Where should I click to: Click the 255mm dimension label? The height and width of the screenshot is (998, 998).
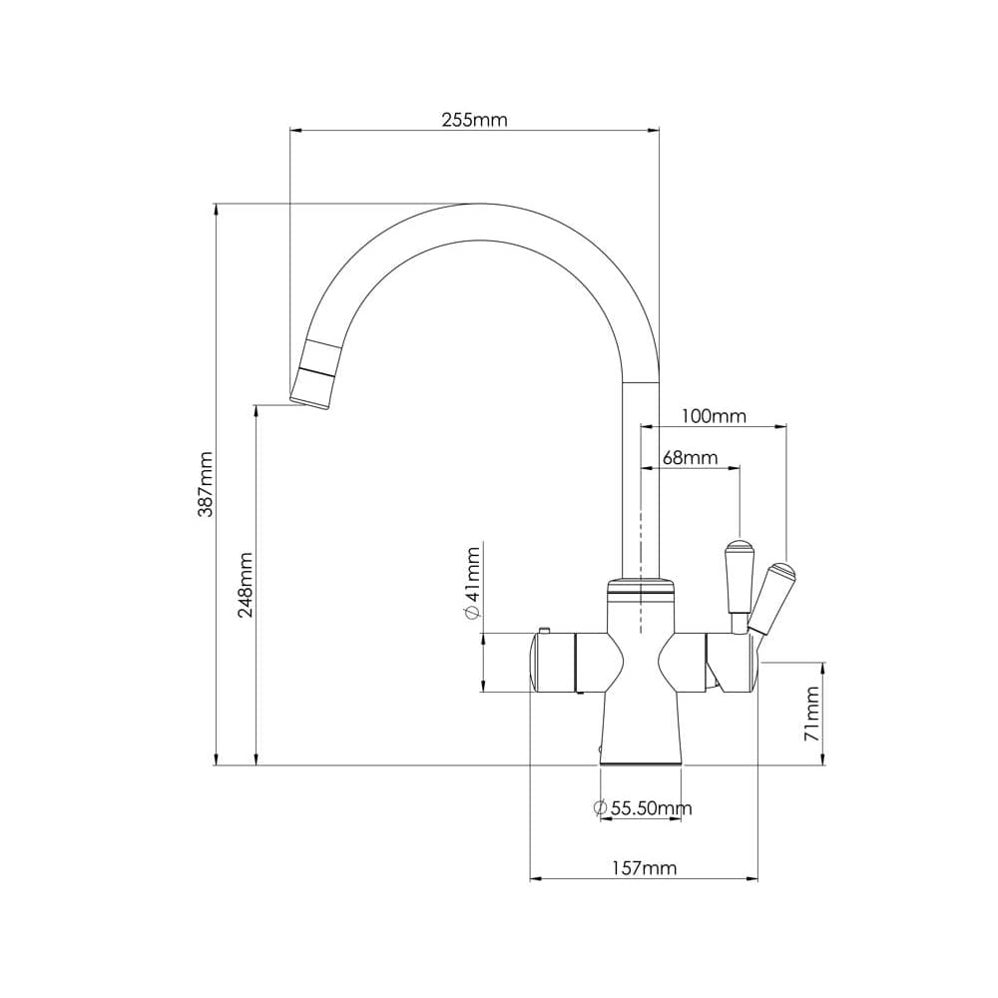coord(474,120)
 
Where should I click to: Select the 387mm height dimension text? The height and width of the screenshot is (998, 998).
coord(206,484)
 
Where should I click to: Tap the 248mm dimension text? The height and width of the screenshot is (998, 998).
coord(246,585)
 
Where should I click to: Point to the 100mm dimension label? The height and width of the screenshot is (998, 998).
coord(713,416)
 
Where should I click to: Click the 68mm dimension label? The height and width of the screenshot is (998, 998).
coord(690,458)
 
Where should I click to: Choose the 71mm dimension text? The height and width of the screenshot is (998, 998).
coord(813,713)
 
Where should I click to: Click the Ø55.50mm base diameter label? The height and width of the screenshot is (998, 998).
coord(643,808)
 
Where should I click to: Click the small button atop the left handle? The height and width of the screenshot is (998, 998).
coord(545,629)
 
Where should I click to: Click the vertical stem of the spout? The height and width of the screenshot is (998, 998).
coord(641,479)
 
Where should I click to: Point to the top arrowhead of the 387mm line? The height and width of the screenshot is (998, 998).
coord(216,209)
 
